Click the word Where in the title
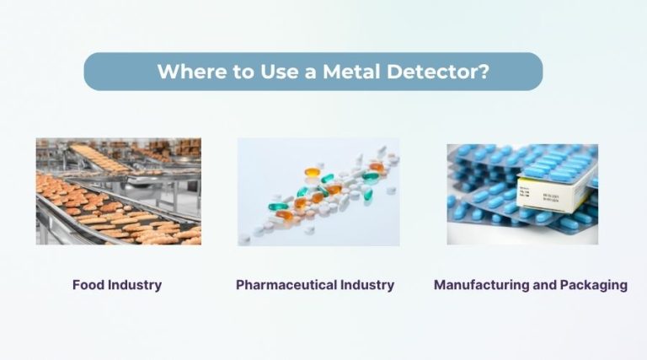pyautogui.click(x=192, y=71)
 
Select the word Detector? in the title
pyautogui.click(x=438, y=71)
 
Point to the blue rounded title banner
pyautogui.click(x=313, y=72)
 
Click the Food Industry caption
pyautogui.click(x=117, y=285)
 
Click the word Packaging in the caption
pyautogui.click(x=594, y=285)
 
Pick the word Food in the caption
pyautogui.click(x=88, y=285)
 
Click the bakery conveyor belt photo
pyautogui.click(x=119, y=191)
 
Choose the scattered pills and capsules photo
pyautogui.click(x=318, y=192)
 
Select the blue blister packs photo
pyautogui.click(x=522, y=194)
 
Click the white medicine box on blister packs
pyautogui.click(x=555, y=191)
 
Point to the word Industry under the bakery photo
pyautogui.click(x=134, y=285)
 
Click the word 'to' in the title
pyautogui.click(x=243, y=72)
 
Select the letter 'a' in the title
pyautogui.click(x=310, y=73)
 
